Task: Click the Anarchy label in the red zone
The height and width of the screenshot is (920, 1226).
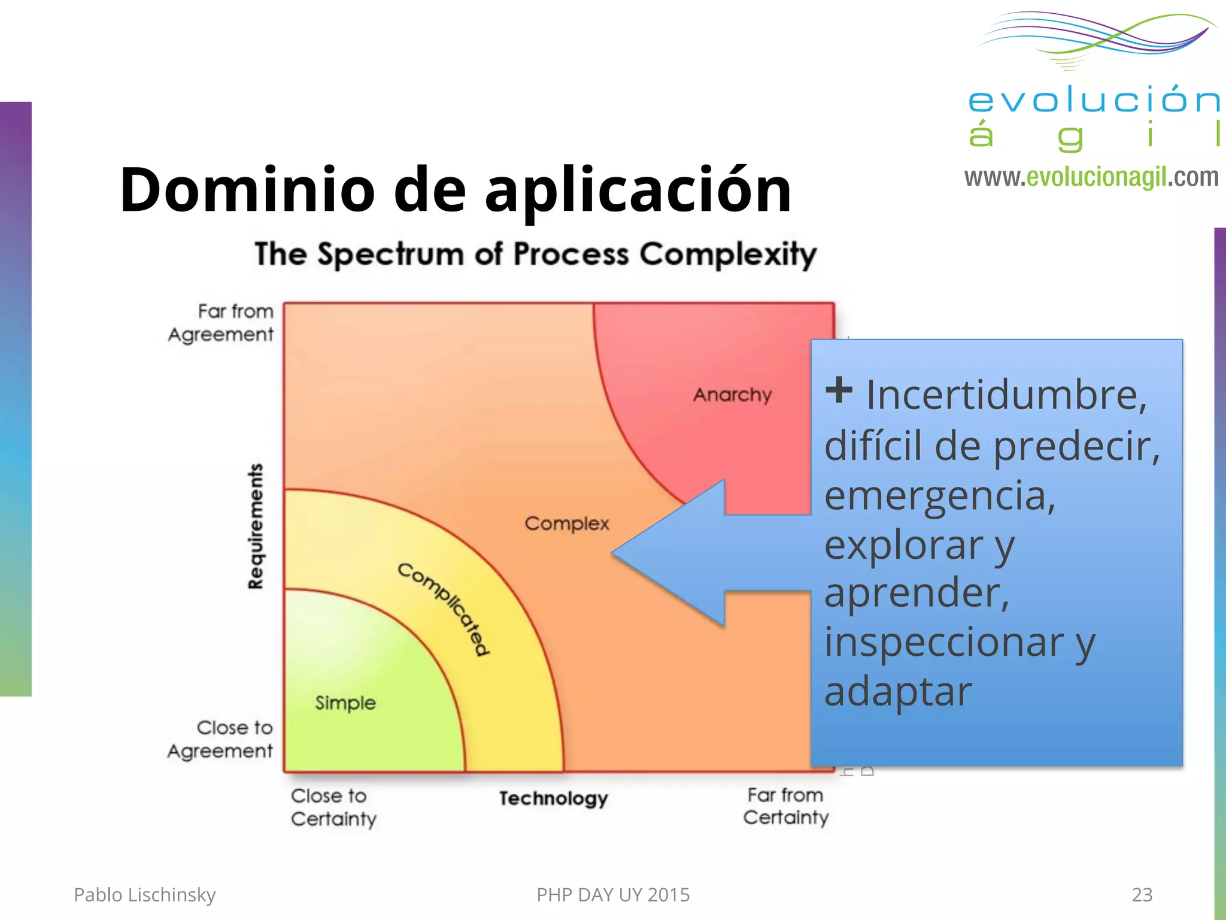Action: tap(732, 395)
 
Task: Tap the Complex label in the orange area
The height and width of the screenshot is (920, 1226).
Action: tap(566, 523)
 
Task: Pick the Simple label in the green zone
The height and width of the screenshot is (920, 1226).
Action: tap(345, 703)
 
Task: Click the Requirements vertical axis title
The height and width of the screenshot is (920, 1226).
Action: tap(256, 526)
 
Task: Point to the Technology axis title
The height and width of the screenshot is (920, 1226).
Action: tap(553, 798)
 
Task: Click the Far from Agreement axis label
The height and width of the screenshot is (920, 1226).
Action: tap(222, 323)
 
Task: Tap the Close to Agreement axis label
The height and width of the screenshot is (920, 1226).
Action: tap(221, 739)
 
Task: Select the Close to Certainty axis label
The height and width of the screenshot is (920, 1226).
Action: tap(333, 807)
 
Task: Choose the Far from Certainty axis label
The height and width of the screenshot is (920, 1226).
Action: tap(786, 806)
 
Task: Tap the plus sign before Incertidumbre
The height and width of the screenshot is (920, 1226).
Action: tap(838, 391)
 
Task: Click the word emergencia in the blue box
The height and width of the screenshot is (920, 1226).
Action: tap(940, 496)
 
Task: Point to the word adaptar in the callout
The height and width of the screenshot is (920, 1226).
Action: tap(898, 692)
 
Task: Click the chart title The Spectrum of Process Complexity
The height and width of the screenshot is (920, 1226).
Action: tap(535, 254)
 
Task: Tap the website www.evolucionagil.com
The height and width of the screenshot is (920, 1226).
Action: tap(1091, 177)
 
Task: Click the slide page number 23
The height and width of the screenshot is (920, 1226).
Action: tap(1142, 894)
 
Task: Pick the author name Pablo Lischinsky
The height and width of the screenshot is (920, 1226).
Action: tap(144, 894)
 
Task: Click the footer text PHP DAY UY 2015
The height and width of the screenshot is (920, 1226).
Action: tap(613, 894)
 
